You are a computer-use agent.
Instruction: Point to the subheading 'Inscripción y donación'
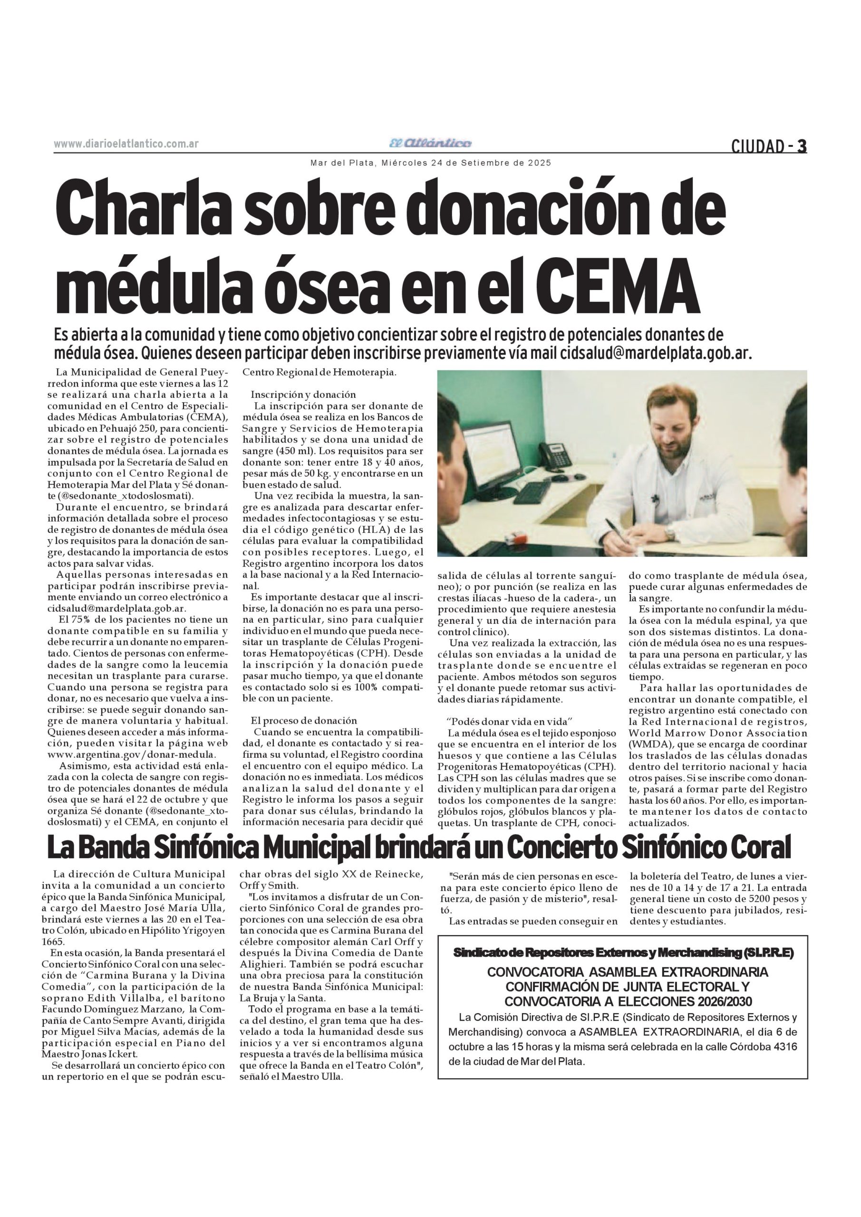[303, 395]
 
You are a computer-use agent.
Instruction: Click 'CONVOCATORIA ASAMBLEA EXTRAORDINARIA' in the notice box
[628, 973]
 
